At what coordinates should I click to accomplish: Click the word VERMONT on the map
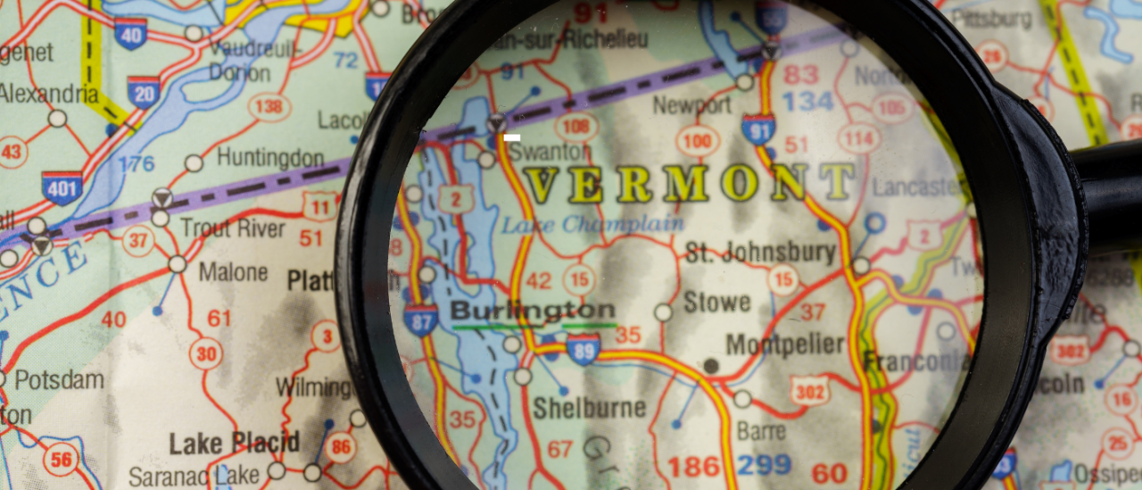point(689,182)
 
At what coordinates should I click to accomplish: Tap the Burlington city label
point(533,311)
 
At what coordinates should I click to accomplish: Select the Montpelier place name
point(784,345)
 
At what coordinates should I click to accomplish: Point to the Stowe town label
point(716,302)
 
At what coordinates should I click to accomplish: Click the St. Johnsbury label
point(760,253)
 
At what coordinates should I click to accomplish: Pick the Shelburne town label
point(589,408)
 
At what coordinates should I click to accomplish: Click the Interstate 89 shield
point(583,349)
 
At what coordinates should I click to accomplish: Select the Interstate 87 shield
point(420,320)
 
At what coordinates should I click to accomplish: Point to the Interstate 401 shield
point(62,187)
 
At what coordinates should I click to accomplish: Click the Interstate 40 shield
point(130,33)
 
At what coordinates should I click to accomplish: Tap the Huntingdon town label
point(270,158)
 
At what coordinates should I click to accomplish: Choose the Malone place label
point(233,271)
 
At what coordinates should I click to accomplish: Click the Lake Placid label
point(234,442)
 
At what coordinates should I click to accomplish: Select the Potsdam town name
point(59,379)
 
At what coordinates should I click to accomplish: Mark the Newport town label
point(691,105)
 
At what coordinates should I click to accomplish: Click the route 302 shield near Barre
point(808,390)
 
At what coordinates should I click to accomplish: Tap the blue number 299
point(765,465)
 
